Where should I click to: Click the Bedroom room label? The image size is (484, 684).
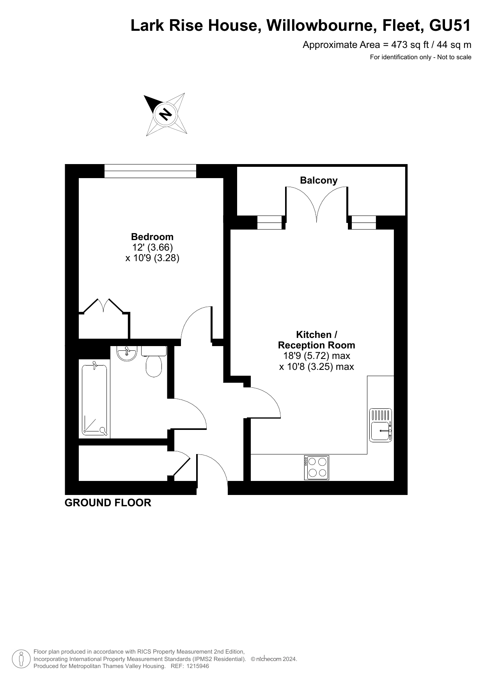click(152, 237)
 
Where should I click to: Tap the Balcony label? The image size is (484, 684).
click(319, 180)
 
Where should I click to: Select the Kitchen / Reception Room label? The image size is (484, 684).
click(316, 340)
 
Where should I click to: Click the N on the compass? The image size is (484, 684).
click(165, 114)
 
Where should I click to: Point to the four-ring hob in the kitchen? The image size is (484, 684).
click(316, 468)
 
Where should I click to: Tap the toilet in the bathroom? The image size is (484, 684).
click(154, 361)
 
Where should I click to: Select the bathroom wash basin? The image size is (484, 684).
click(127, 353)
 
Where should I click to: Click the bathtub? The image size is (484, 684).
click(94, 400)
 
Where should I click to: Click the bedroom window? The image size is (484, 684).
click(150, 171)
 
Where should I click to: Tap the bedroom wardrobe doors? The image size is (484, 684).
click(104, 306)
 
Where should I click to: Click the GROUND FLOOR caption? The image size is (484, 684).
click(108, 503)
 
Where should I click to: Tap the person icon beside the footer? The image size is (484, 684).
click(21, 659)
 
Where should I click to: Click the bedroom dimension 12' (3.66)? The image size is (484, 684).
click(152, 247)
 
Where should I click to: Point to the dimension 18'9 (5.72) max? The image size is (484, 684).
click(317, 356)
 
